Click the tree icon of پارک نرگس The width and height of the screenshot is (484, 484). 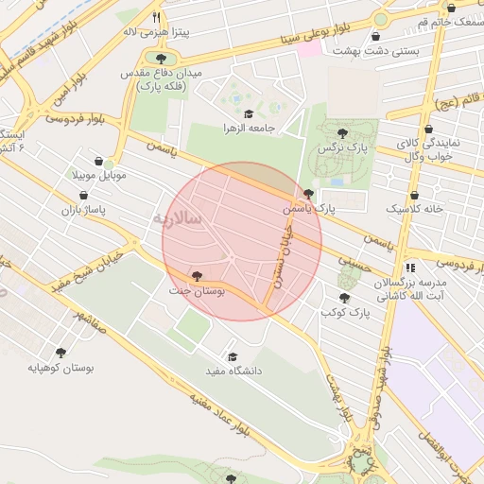342,133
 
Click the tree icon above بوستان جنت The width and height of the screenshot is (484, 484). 196,277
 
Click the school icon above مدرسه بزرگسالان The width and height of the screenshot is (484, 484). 409,268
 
